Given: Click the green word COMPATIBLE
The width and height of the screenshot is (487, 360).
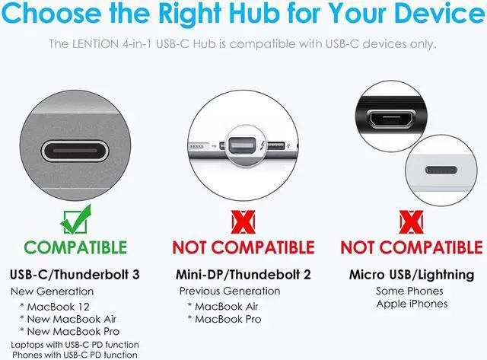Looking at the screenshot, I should click(x=75, y=247).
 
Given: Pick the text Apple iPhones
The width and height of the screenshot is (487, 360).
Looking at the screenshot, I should click(x=411, y=304).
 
